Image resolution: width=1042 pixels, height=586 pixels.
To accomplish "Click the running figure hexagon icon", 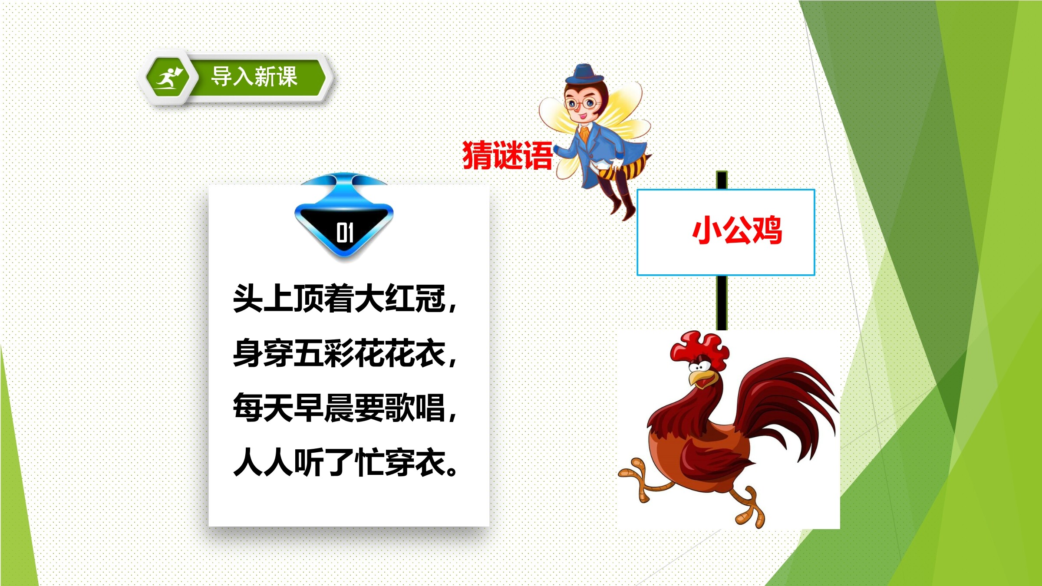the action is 167,79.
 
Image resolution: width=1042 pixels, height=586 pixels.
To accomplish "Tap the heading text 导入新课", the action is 254,77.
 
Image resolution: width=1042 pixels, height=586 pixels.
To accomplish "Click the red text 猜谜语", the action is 507,155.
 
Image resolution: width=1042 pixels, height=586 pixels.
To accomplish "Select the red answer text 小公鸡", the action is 737,230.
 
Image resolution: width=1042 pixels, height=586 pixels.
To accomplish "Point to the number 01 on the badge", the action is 345,233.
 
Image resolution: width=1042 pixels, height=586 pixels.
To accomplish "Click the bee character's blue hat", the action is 584,74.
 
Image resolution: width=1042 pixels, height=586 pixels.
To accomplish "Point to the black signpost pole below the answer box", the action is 722,303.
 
